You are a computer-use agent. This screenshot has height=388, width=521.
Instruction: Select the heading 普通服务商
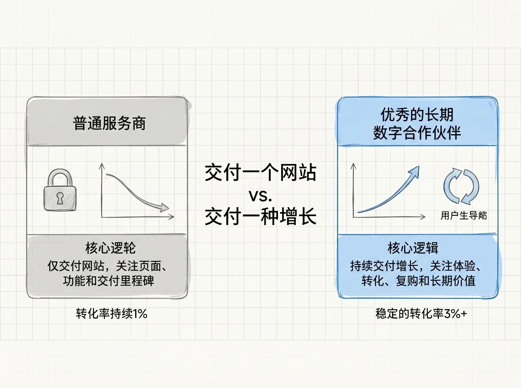[109, 124]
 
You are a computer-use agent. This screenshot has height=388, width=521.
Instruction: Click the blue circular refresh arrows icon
[461, 186]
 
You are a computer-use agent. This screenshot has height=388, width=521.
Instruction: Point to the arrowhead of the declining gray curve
[164, 208]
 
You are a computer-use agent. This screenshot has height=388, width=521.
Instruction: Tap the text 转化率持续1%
[112, 314]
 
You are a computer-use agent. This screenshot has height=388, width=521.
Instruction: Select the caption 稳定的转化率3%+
[421, 314]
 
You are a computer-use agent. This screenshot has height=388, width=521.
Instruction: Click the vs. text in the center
[260, 196]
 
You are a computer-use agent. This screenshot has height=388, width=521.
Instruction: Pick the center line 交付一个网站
[260, 172]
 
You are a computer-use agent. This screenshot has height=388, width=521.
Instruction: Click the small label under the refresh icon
[464, 215]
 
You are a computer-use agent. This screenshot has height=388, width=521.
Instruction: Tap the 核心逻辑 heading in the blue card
[413, 248]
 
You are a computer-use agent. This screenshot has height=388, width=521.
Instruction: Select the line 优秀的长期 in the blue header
[417, 115]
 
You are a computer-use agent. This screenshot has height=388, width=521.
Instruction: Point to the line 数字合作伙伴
[417, 133]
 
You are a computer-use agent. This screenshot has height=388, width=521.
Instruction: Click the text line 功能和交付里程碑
[109, 281]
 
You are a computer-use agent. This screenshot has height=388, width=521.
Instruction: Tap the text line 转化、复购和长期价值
[418, 281]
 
